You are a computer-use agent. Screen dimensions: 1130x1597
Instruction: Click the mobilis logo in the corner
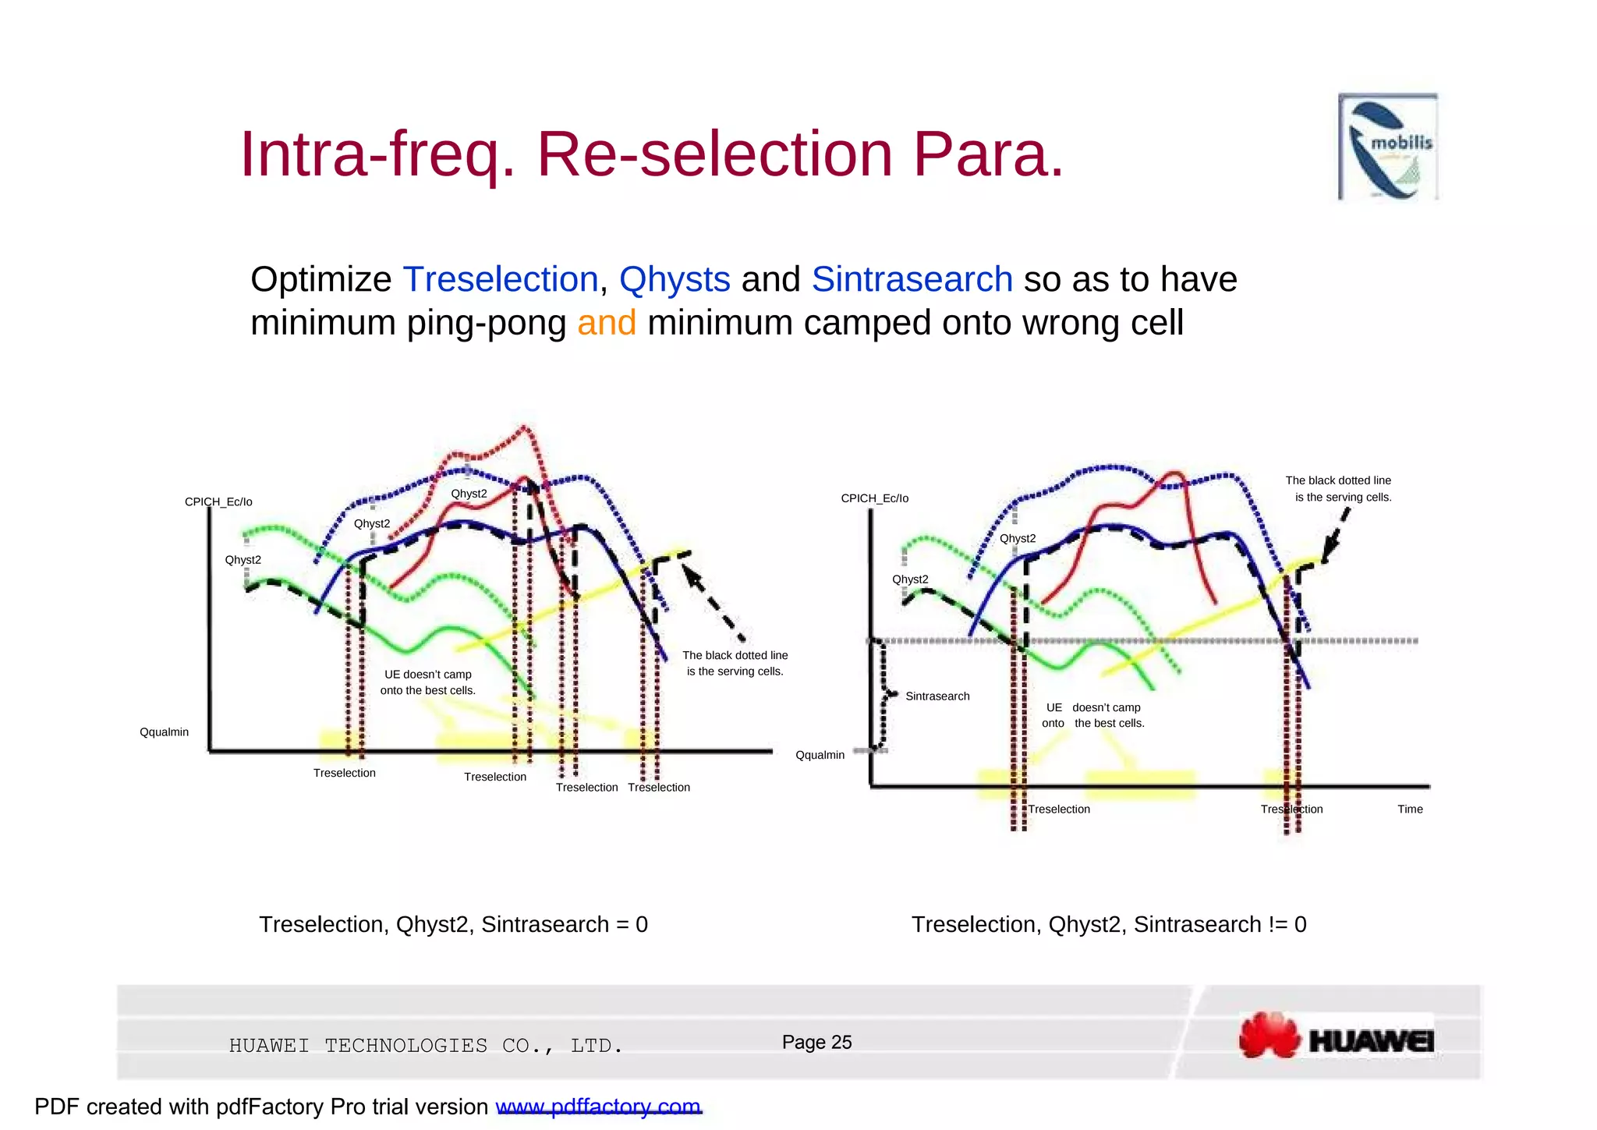pyautogui.click(x=1388, y=147)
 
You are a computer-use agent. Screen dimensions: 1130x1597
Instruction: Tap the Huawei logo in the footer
pyautogui.click(x=1337, y=1036)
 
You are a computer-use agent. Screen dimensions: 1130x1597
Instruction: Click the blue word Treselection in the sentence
pyautogui.click(x=500, y=279)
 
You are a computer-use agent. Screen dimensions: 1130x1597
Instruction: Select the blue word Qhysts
pyautogui.click(x=675, y=279)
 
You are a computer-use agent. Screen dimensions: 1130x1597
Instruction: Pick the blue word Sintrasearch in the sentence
pyautogui.click(x=912, y=279)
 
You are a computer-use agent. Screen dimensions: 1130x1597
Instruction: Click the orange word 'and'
pyautogui.click(x=606, y=323)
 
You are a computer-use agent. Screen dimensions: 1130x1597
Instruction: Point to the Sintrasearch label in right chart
pyautogui.click(x=937, y=696)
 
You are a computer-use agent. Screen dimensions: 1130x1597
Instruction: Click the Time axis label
pyautogui.click(x=1410, y=809)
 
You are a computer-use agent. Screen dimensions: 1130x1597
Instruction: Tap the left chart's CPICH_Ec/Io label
pyautogui.click(x=218, y=502)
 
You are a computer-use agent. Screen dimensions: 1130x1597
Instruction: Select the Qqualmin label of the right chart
pyautogui.click(x=820, y=755)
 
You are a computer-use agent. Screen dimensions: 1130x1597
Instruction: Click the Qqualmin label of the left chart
pyautogui.click(x=164, y=732)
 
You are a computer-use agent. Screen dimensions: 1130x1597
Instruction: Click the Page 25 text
pyautogui.click(x=816, y=1043)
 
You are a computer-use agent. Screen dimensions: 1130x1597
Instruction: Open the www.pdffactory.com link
pyautogui.click(x=598, y=1107)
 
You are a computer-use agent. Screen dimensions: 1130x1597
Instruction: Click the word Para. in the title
pyautogui.click(x=988, y=154)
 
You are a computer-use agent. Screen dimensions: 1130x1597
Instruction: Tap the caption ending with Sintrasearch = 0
pyautogui.click(x=453, y=925)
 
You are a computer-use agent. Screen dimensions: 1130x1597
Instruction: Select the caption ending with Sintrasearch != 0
pyautogui.click(x=1108, y=925)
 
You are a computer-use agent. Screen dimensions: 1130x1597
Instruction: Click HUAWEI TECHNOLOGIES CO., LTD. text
pyautogui.click(x=426, y=1046)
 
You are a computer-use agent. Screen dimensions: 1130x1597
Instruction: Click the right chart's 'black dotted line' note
pyautogui.click(x=1338, y=489)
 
